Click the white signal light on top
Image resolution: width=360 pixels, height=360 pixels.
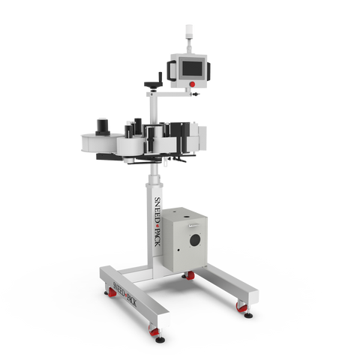(x=189, y=31)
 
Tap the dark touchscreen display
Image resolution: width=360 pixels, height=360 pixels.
(x=192, y=68)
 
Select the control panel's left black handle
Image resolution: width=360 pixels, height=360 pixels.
(x=171, y=70)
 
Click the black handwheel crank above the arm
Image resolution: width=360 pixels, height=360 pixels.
(x=154, y=82)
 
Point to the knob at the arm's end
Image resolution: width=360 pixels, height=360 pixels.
(x=194, y=94)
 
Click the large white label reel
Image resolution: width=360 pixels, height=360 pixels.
(x=100, y=143)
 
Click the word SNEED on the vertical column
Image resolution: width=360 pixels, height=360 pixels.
(x=157, y=209)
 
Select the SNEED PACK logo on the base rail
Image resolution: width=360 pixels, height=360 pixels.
(x=124, y=294)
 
